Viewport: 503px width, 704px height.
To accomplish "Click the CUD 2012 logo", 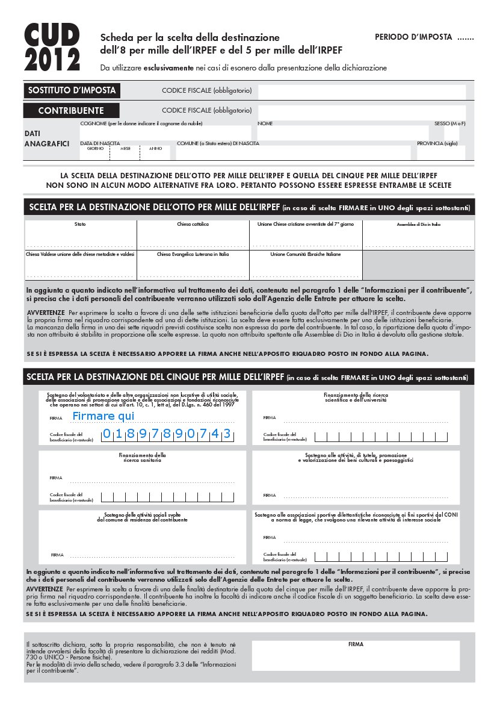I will (x=52, y=49).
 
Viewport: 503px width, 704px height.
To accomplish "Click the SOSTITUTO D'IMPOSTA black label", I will (x=71, y=91).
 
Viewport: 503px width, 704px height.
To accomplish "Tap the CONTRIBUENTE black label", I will (x=71, y=111).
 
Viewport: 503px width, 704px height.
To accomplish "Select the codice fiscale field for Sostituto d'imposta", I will (x=362, y=92).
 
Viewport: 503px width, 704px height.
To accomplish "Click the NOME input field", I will (x=342, y=132).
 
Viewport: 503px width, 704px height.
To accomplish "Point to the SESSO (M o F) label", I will (x=450, y=123).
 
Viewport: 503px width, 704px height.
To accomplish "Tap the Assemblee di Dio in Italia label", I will (x=418, y=225).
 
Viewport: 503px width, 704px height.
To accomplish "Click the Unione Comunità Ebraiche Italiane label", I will (x=305, y=254).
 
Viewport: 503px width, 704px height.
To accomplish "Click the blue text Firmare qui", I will (x=103, y=416).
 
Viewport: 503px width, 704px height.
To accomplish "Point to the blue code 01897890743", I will (x=166, y=434).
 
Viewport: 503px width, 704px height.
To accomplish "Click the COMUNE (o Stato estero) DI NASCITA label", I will (x=218, y=143).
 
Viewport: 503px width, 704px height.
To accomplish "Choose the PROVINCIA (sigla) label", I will (x=437, y=143).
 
